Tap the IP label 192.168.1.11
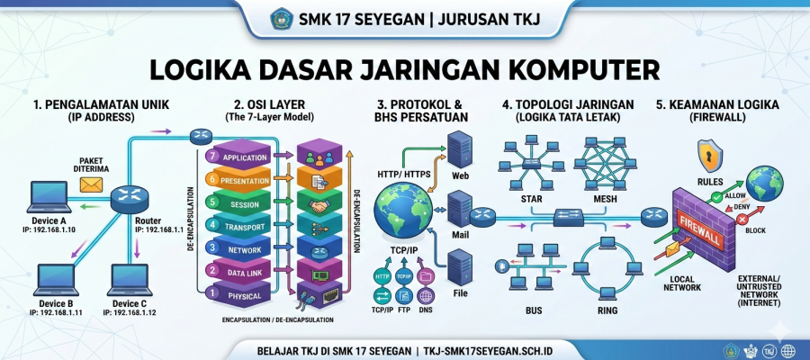click(52, 312)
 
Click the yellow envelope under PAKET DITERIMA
click(91, 184)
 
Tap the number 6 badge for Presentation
click(213, 179)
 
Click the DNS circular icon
click(426, 292)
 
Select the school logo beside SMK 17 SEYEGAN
click(283, 18)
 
